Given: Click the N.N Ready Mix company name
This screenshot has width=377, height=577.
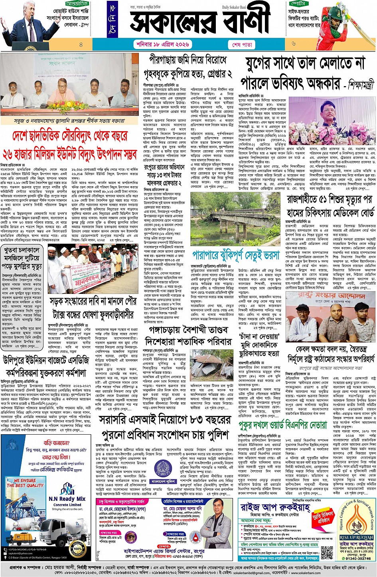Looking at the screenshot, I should (x=67, y=498).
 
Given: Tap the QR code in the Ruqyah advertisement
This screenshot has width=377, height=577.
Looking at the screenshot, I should (x=327, y=551).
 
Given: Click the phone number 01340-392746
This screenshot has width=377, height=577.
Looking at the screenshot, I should (x=356, y=559).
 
